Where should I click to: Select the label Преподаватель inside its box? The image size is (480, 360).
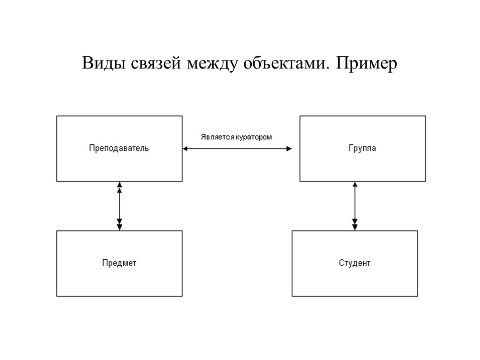click(119, 149)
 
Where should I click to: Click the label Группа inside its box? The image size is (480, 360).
click(362, 149)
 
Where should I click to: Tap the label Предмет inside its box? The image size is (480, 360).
click(119, 263)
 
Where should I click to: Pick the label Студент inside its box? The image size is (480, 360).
click(354, 263)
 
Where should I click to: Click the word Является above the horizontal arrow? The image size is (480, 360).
click(216, 137)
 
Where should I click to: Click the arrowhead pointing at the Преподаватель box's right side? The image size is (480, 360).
click(185, 149)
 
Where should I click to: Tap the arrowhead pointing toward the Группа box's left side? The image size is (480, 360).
click(289, 149)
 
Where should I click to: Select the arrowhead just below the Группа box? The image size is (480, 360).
click(354, 185)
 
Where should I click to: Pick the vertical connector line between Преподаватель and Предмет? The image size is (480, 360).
click(120, 206)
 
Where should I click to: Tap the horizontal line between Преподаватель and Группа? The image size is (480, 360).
click(237, 149)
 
